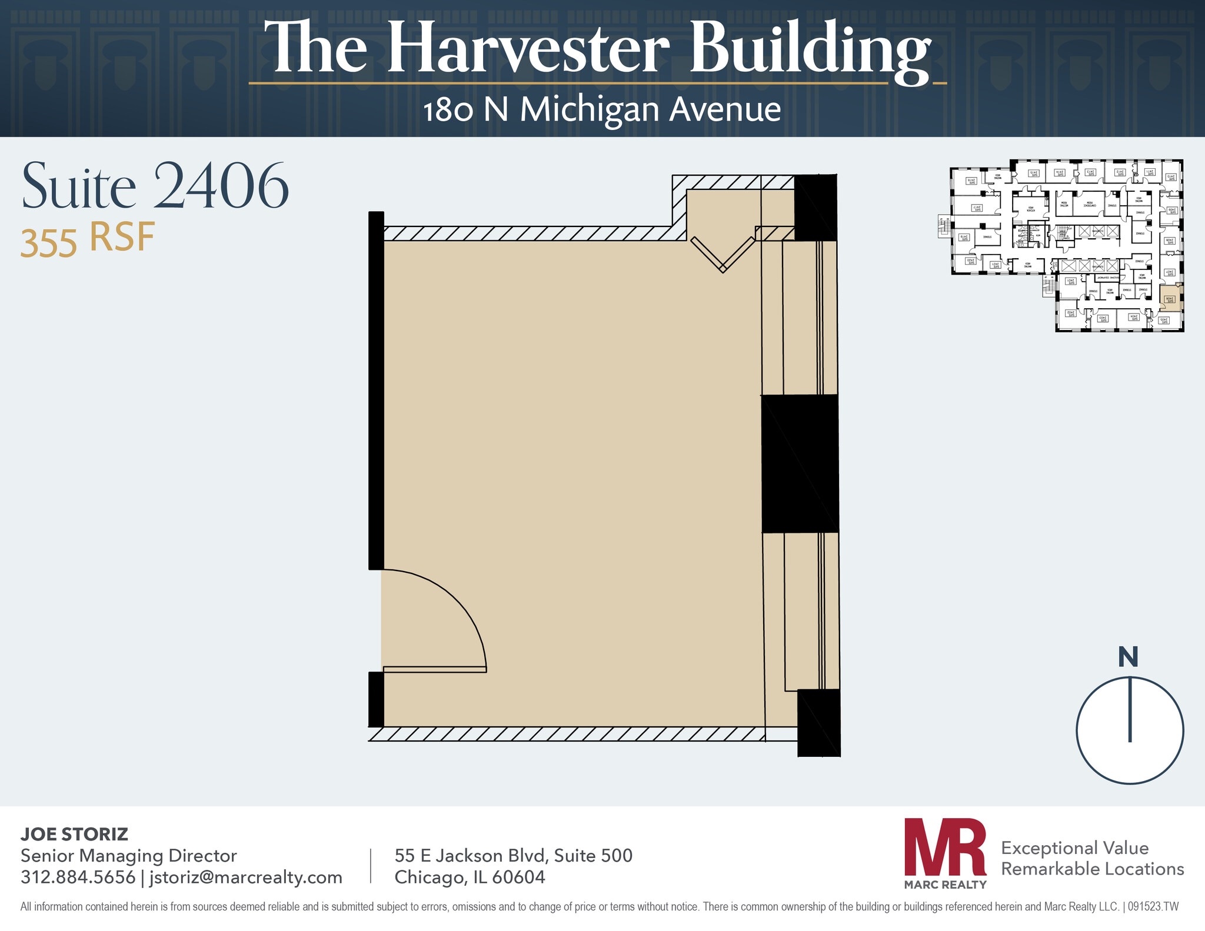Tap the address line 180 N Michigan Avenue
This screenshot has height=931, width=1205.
coord(601,110)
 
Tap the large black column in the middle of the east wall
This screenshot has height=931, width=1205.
coord(800,463)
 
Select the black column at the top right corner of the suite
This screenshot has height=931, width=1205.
coord(815,207)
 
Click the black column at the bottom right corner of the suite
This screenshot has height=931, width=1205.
coord(818,722)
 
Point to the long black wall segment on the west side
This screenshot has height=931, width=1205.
coord(376,390)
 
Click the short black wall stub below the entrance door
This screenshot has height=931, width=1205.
coord(376,699)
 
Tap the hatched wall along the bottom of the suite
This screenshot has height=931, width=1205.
coord(565,734)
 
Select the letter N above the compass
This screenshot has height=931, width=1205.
coord(1128,657)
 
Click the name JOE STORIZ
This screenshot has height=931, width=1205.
coord(74,834)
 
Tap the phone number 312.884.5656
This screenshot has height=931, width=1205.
coord(78,877)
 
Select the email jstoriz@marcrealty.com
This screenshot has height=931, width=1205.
coord(245,877)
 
